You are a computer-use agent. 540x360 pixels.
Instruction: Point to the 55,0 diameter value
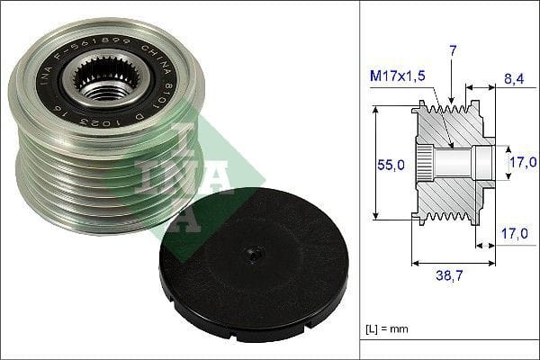click(x=391, y=165)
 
